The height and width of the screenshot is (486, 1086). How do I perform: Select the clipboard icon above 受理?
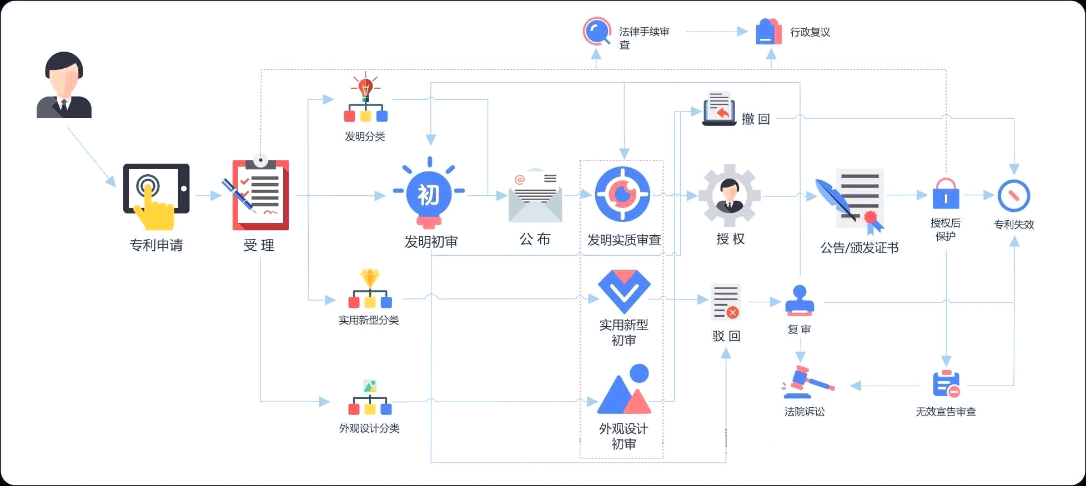tap(260, 194)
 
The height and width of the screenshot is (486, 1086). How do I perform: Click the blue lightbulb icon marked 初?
tap(429, 195)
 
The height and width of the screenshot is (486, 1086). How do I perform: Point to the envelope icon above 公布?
tap(535, 197)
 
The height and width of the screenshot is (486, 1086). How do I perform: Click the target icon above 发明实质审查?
tap(622, 194)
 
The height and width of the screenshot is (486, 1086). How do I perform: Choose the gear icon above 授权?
tap(729, 195)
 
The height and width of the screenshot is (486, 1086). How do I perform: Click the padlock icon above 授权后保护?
tap(946, 194)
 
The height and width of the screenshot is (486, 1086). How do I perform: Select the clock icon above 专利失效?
tap(1013, 196)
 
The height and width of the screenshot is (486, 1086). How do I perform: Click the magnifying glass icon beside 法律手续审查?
tap(597, 31)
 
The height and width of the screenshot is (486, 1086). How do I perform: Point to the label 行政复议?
tap(810, 32)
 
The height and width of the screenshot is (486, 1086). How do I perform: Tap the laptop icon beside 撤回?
tap(719, 109)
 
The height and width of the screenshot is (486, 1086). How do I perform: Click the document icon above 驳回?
tap(726, 302)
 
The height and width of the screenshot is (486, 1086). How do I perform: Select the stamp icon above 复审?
tap(800, 301)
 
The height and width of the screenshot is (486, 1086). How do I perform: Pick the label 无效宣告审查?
tap(946, 412)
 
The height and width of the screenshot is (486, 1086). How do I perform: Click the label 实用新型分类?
tap(369, 320)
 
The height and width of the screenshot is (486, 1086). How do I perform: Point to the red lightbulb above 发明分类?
tap(365, 88)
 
